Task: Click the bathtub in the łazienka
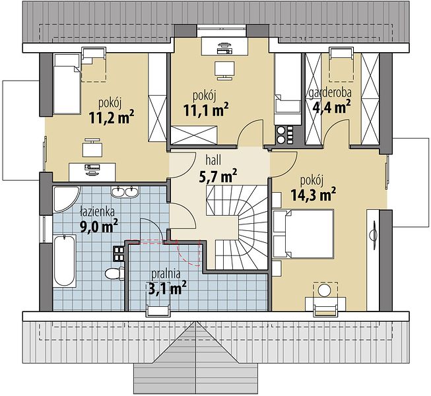[64, 261]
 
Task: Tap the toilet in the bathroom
[115, 273]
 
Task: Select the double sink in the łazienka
[125, 191]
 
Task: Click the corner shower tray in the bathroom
[66, 199]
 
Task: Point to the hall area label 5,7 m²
[217, 176]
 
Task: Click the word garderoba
[330, 92]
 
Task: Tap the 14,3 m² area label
[313, 195]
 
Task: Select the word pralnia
[166, 274]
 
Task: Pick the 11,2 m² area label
[112, 117]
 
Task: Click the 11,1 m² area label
[206, 110]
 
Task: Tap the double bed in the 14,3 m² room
[303, 234]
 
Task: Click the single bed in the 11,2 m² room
[67, 84]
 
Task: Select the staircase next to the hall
[237, 227]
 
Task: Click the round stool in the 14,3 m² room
[325, 291]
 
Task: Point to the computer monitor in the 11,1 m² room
[224, 70]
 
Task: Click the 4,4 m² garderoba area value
[332, 106]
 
